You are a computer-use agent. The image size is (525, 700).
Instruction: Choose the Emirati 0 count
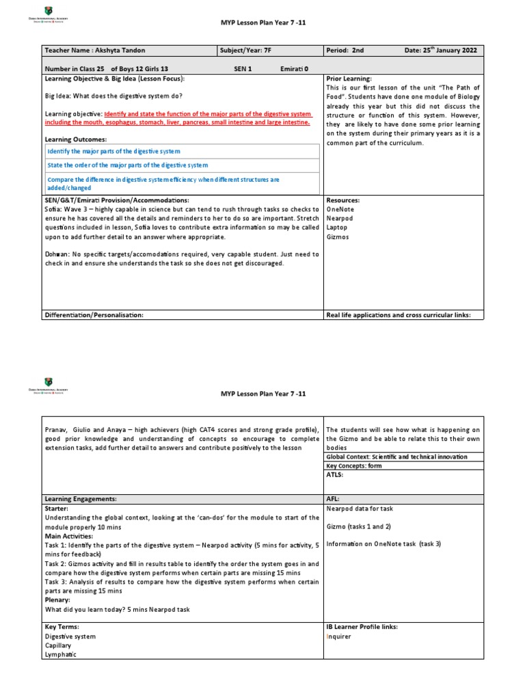point(294,69)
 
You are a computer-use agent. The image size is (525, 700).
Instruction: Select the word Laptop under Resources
point(337,227)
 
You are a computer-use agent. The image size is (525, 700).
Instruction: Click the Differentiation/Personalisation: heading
point(94,315)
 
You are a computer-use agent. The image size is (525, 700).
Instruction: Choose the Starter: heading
point(57,509)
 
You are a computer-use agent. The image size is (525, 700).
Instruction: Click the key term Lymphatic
point(61,654)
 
